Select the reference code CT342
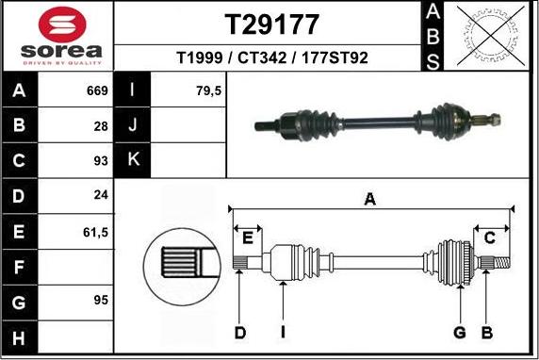click(x=269, y=58)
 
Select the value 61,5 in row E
click(x=94, y=230)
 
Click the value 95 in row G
click(x=100, y=301)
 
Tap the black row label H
click(x=19, y=336)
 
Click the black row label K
click(x=133, y=159)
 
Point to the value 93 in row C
click(x=100, y=160)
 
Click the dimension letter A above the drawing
click(x=370, y=199)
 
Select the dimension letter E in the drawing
click(x=249, y=237)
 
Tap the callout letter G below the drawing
click(x=460, y=332)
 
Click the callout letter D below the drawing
click(x=240, y=332)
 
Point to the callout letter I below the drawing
click(x=283, y=332)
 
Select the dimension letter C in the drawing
click(x=490, y=237)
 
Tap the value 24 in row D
click(x=101, y=195)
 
